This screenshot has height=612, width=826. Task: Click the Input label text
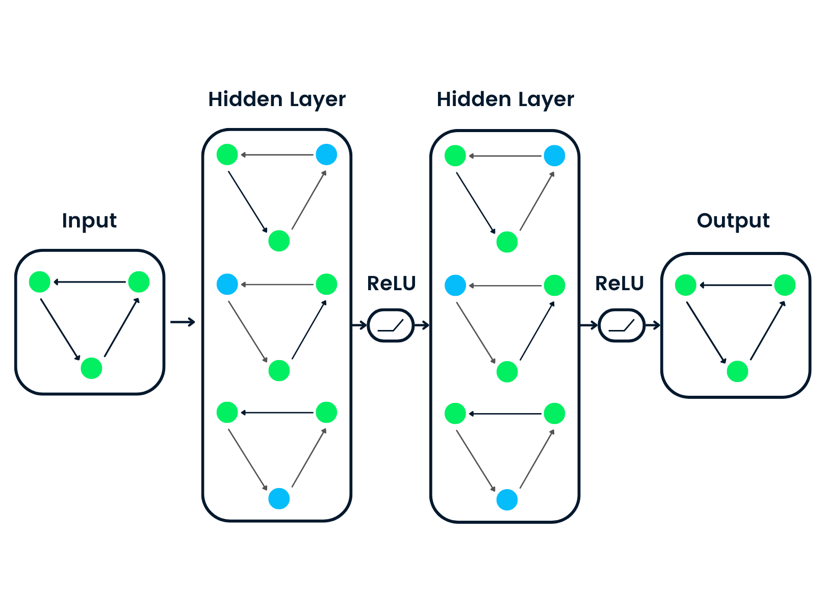tap(89, 221)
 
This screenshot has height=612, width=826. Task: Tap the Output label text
tap(733, 221)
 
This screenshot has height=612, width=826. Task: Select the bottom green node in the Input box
tap(92, 368)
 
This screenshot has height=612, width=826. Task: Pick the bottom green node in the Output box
tap(737, 371)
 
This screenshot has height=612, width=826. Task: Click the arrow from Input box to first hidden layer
tap(183, 322)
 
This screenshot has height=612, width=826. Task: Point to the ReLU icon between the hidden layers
tap(391, 325)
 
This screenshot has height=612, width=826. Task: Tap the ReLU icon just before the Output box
tap(622, 325)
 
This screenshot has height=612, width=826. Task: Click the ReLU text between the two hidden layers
tap(391, 284)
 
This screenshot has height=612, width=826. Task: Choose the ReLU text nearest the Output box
tap(619, 284)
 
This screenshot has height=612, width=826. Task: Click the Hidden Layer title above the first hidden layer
tap(277, 99)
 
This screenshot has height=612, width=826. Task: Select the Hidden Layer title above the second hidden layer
tap(505, 99)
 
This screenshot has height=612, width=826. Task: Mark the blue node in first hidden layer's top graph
tap(326, 155)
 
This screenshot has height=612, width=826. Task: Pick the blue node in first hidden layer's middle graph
tap(227, 284)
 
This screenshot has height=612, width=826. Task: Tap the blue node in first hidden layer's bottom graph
tap(279, 499)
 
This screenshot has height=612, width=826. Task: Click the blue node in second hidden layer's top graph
tap(554, 156)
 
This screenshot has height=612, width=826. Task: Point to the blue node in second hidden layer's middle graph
tap(455, 285)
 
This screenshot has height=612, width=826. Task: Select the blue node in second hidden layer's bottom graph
tap(507, 500)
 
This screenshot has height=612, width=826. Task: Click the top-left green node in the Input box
tap(40, 282)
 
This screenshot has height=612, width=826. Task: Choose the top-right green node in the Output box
tap(785, 285)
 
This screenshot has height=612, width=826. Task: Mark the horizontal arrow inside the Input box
tap(89, 282)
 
